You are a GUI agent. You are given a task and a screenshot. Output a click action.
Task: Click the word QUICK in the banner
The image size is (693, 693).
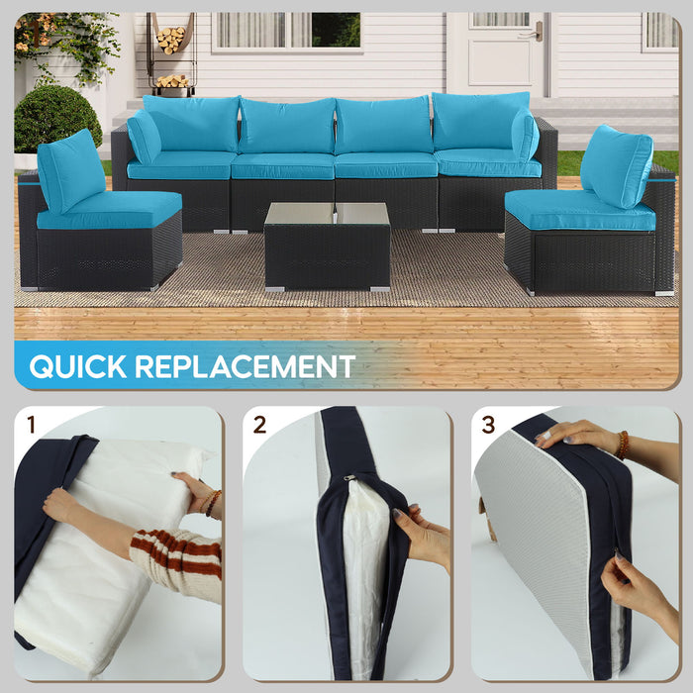(x=78, y=366)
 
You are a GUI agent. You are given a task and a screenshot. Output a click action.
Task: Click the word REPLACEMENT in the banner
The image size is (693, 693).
(x=245, y=366)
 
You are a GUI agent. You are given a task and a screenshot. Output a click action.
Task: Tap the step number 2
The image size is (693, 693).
(x=260, y=426)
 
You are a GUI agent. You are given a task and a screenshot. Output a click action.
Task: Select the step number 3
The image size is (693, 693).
(x=489, y=426)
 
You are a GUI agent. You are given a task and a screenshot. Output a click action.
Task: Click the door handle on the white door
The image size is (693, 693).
(x=536, y=33)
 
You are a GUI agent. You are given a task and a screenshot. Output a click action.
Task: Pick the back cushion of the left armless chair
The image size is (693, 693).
(x=70, y=170)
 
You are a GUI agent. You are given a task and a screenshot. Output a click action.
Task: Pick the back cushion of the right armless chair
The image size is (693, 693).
(x=617, y=165)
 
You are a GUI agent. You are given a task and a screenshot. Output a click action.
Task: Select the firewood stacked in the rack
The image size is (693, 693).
(x=170, y=40)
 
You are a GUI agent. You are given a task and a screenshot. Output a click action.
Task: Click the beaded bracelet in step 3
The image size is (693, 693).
(x=622, y=445)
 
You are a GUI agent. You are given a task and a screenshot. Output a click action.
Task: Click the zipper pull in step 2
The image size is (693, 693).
(x=348, y=477)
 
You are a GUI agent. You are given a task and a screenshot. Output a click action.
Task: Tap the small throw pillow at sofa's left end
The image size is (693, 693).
(x=145, y=137)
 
